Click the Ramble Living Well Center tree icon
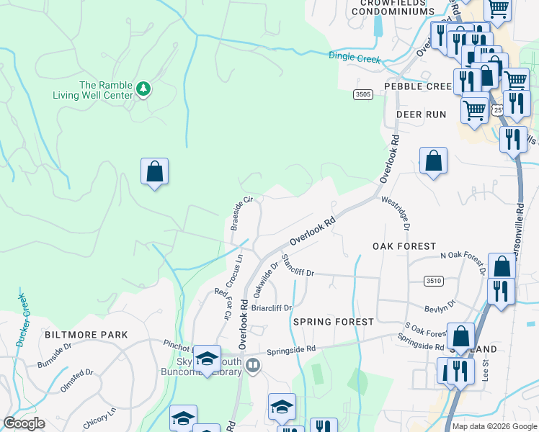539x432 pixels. pos(144,89)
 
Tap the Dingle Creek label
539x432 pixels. pos(354,58)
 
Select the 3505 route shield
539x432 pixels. pos(362,94)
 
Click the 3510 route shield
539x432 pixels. pos(433,281)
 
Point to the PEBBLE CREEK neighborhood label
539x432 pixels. pos(417,86)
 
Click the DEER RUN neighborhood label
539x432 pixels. pos(421,114)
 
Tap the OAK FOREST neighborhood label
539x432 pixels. pos(404,246)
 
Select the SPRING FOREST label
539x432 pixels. pos(334,322)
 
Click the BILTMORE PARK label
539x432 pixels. pos(86,335)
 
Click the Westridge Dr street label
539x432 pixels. pos(396,214)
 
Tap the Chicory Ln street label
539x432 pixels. pos(99,420)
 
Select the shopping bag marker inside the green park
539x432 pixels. pos(154,172)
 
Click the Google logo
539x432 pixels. pos(24,423)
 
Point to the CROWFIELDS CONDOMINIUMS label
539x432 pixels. pos(398,7)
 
